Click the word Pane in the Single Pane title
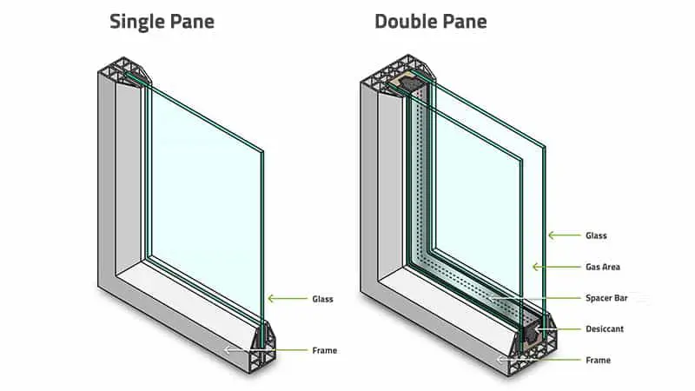(192, 21)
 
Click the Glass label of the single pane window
(322, 299)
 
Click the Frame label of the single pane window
(324, 350)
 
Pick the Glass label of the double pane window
(596, 235)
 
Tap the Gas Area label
(603, 267)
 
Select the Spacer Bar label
(606, 298)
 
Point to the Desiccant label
(605, 329)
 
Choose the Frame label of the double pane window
(598, 360)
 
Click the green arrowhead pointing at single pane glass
(271, 299)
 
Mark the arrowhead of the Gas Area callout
(536, 267)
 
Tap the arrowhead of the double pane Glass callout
(552, 235)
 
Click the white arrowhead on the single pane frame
(228, 350)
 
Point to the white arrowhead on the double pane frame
(501, 360)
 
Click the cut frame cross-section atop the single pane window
(125, 71)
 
